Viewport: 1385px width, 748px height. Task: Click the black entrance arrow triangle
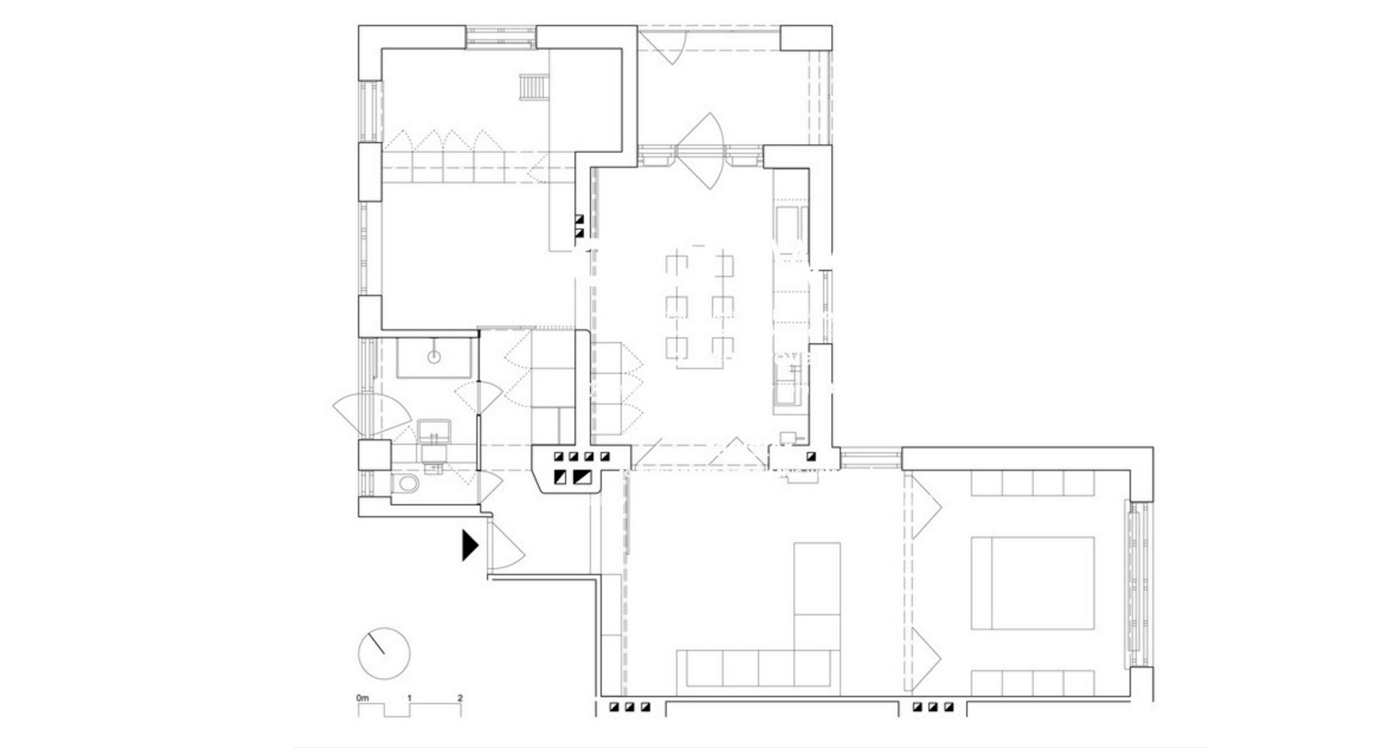tap(469, 545)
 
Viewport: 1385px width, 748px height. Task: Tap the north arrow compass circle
tap(384, 654)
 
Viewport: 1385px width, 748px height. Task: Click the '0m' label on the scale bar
tap(362, 698)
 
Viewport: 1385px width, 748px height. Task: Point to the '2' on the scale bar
tap(460, 698)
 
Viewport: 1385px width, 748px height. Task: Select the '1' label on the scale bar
tap(410, 698)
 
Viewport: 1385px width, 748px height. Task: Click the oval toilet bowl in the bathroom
tap(406, 484)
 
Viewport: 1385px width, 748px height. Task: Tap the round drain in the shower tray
tap(433, 357)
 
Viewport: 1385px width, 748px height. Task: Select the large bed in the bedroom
tap(1032, 583)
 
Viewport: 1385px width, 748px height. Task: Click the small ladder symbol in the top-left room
tap(532, 87)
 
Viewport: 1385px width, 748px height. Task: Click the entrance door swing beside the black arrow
tap(506, 546)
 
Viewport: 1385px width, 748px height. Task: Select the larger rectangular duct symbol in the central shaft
tap(583, 477)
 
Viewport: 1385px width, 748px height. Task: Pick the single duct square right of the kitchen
tap(810, 456)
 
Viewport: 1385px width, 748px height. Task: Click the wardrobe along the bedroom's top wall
tap(1032, 484)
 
